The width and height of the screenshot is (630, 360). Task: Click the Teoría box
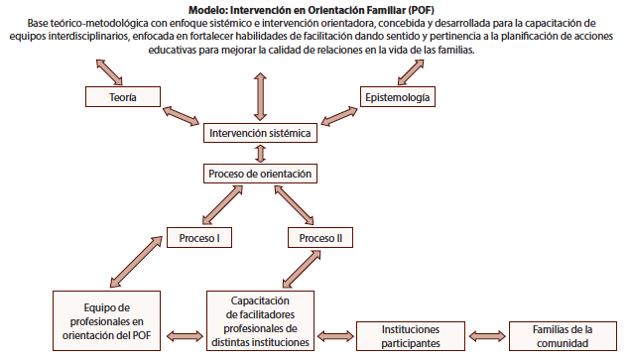pyautogui.click(x=122, y=96)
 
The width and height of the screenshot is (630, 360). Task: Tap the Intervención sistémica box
pyautogui.click(x=260, y=132)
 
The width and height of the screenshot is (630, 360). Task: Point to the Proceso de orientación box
pyautogui.click(x=260, y=174)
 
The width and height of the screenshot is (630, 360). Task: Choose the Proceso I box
pyautogui.click(x=199, y=238)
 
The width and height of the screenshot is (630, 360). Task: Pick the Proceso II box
pyautogui.click(x=320, y=238)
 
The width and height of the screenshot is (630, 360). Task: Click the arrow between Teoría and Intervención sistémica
pyautogui.click(x=181, y=115)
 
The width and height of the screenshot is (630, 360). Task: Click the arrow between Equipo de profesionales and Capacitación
pyautogui.click(x=186, y=335)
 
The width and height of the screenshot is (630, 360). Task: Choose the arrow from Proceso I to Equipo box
pyautogui.click(x=129, y=263)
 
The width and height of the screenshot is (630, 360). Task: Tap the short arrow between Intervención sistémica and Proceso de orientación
pyautogui.click(x=260, y=153)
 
